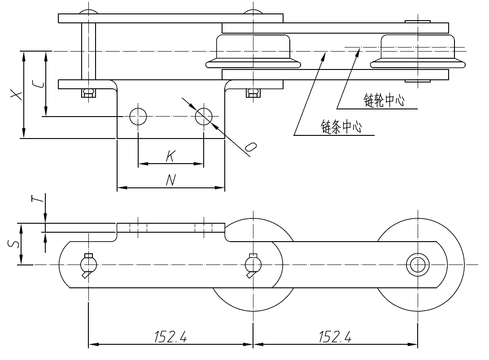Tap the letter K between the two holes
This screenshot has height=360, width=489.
click(170, 156)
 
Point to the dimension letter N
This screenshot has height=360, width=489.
click(170, 180)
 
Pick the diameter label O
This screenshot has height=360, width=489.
click(252, 148)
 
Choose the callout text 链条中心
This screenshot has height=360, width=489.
click(341, 127)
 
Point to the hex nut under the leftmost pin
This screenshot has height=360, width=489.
click(88, 93)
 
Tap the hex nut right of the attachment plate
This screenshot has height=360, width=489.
click(253, 93)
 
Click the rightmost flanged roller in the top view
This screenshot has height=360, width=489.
click(417, 52)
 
